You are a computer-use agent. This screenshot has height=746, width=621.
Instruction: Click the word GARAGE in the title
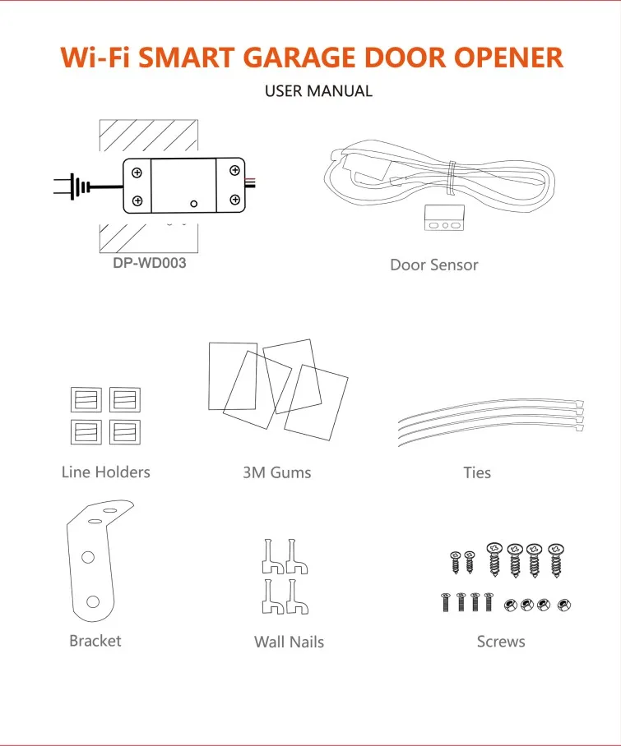[302, 58]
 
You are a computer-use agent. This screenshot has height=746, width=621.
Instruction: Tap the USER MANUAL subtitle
[318, 91]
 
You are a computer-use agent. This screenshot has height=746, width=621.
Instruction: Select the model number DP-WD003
[150, 263]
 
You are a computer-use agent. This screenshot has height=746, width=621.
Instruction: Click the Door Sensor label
[433, 265]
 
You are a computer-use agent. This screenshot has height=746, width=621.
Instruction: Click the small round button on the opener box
[194, 204]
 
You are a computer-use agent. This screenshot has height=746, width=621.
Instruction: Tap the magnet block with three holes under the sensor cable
[444, 218]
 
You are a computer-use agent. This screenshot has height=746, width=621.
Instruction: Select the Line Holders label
[106, 472]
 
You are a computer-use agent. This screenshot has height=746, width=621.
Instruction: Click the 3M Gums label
[277, 472]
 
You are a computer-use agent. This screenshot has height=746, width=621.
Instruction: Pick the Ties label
[477, 472]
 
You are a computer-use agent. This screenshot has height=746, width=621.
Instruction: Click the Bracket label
[95, 641]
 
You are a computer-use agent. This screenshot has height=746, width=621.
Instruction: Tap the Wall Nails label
[289, 642]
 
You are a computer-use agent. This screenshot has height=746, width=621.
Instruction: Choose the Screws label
[501, 642]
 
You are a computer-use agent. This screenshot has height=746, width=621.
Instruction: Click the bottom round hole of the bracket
[93, 602]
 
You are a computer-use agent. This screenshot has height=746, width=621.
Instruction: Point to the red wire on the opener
[251, 180]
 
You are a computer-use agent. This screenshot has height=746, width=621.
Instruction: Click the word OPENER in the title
[508, 58]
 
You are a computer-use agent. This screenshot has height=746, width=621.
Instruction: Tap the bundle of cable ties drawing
[491, 421]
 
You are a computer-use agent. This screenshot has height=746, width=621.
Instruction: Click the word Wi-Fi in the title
[95, 58]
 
